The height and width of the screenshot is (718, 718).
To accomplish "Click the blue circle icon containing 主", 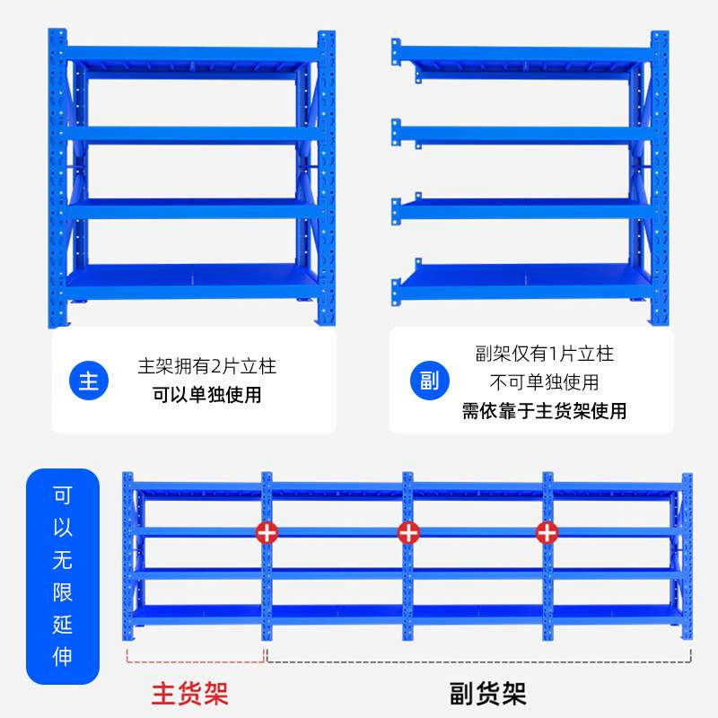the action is pos(89,381).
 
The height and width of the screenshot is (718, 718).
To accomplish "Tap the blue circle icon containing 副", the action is pos(429,381).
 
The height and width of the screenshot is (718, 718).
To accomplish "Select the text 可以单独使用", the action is pos(206,395).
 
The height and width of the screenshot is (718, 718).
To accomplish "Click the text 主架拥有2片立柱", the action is pos(206,366).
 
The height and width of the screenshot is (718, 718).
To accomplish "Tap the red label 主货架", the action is pos(190,693).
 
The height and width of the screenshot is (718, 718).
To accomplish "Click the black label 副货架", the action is pos(487,693).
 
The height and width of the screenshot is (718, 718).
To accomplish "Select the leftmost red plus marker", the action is pos(267,531).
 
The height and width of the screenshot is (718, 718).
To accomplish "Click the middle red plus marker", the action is pos(408,531).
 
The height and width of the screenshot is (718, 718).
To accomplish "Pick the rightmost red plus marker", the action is pos(547,531).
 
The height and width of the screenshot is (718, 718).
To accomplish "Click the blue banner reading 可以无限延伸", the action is pos(63,576).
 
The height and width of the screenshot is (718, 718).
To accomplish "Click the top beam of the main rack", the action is pos(192,55).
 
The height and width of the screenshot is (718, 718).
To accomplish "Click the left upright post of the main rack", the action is pos(57,179).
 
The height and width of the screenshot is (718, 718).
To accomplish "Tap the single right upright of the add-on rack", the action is pos(659,179).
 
